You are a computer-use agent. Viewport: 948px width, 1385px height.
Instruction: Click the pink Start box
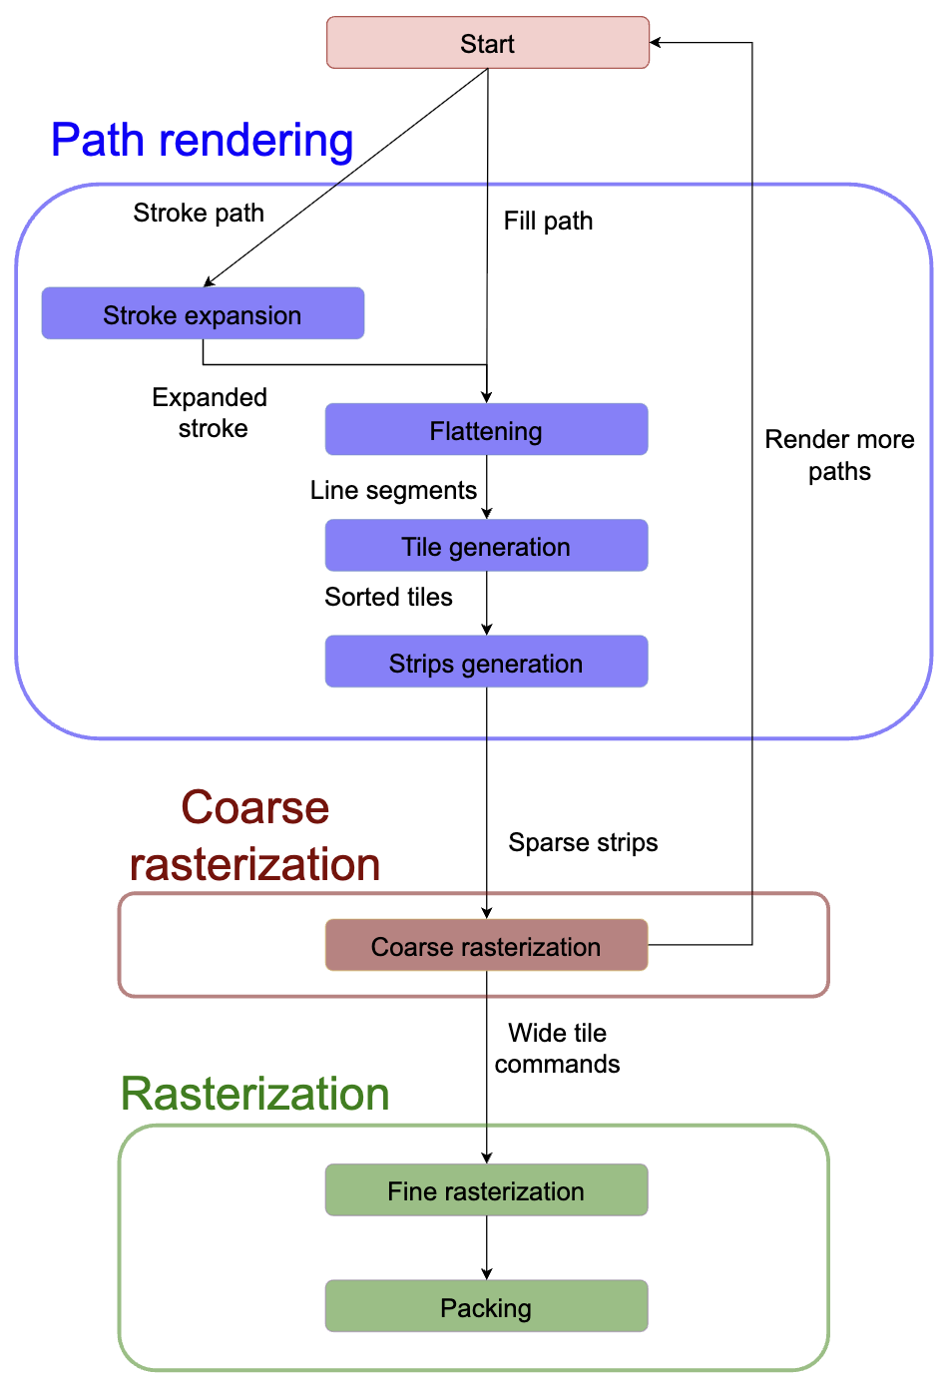pos(488,43)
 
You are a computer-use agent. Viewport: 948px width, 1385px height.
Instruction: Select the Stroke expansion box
pos(203,314)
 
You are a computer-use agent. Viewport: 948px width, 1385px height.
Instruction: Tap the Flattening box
pos(486,430)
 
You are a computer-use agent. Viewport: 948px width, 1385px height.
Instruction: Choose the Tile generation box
pos(486,546)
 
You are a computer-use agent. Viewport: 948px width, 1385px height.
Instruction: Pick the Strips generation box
pos(486,663)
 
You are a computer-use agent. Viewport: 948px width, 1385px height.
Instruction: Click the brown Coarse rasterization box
pos(486,946)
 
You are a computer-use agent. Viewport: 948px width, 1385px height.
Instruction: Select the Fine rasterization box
pos(486,1190)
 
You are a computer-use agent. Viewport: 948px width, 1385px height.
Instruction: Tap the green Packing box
pos(486,1307)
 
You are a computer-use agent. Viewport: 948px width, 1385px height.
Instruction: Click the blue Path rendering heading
pos(203,141)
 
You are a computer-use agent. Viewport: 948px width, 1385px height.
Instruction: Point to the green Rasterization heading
pos(254,1094)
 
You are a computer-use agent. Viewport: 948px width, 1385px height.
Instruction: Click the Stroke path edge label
pos(199,213)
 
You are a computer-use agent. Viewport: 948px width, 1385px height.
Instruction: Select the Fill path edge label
pos(548,221)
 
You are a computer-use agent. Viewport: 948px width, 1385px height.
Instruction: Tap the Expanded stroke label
pos(211,413)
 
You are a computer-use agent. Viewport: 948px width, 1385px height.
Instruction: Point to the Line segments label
pos(393,490)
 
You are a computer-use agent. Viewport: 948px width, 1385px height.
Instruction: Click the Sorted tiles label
pos(388,597)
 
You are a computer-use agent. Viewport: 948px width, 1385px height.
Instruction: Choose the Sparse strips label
pos(583,842)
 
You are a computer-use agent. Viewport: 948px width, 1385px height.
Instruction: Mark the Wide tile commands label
pos(557,1049)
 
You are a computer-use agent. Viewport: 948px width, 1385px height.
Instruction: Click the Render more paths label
pos(839,455)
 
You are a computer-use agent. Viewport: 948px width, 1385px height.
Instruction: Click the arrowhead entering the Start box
pos(656,43)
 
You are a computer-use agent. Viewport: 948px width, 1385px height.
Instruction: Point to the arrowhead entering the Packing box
pos(487,1274)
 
